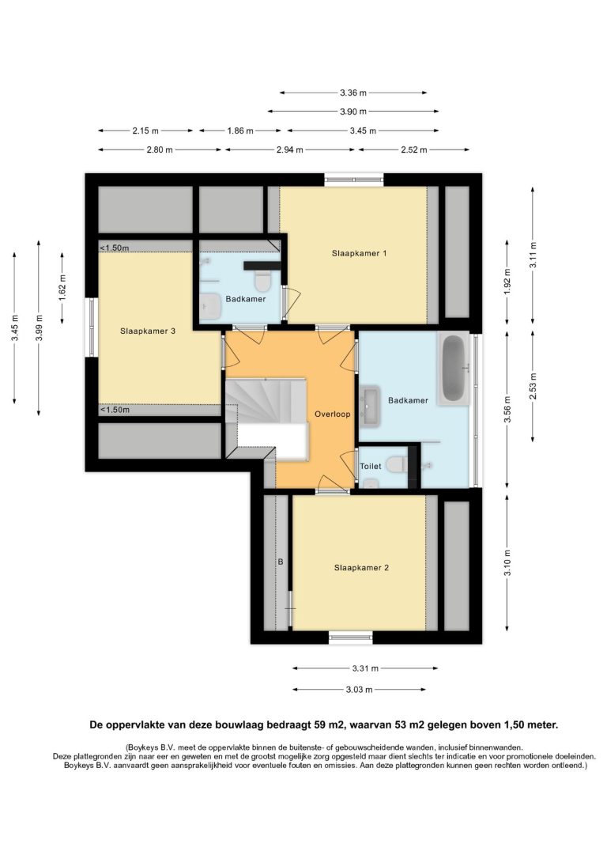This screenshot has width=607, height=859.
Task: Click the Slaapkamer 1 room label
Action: tap(359, 253)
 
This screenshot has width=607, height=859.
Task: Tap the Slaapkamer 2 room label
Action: tap(361, 568)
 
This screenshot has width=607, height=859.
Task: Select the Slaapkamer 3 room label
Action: tap(148, 331)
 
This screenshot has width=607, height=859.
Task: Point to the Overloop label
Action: tap(332, 414)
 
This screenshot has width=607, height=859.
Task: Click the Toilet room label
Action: tap(371, 466)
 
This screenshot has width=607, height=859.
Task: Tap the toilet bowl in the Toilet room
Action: tap(396, 465)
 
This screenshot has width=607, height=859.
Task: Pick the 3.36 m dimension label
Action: tap(353, 93)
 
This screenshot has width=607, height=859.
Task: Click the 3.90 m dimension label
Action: tap(353, 112)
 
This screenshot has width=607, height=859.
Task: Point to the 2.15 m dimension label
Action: tap(145, 131)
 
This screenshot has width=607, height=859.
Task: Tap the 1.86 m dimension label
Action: tap(240, 131)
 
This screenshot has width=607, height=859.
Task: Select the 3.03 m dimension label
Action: tap(359, 690)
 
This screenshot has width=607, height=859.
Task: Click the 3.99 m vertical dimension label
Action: tap(38, 327)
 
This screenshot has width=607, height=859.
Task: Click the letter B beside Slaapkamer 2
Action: tap(281, 562)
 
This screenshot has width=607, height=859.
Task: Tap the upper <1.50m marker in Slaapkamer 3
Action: tap(115, 248)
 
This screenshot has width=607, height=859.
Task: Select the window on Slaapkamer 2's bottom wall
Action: tap(351, 637)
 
